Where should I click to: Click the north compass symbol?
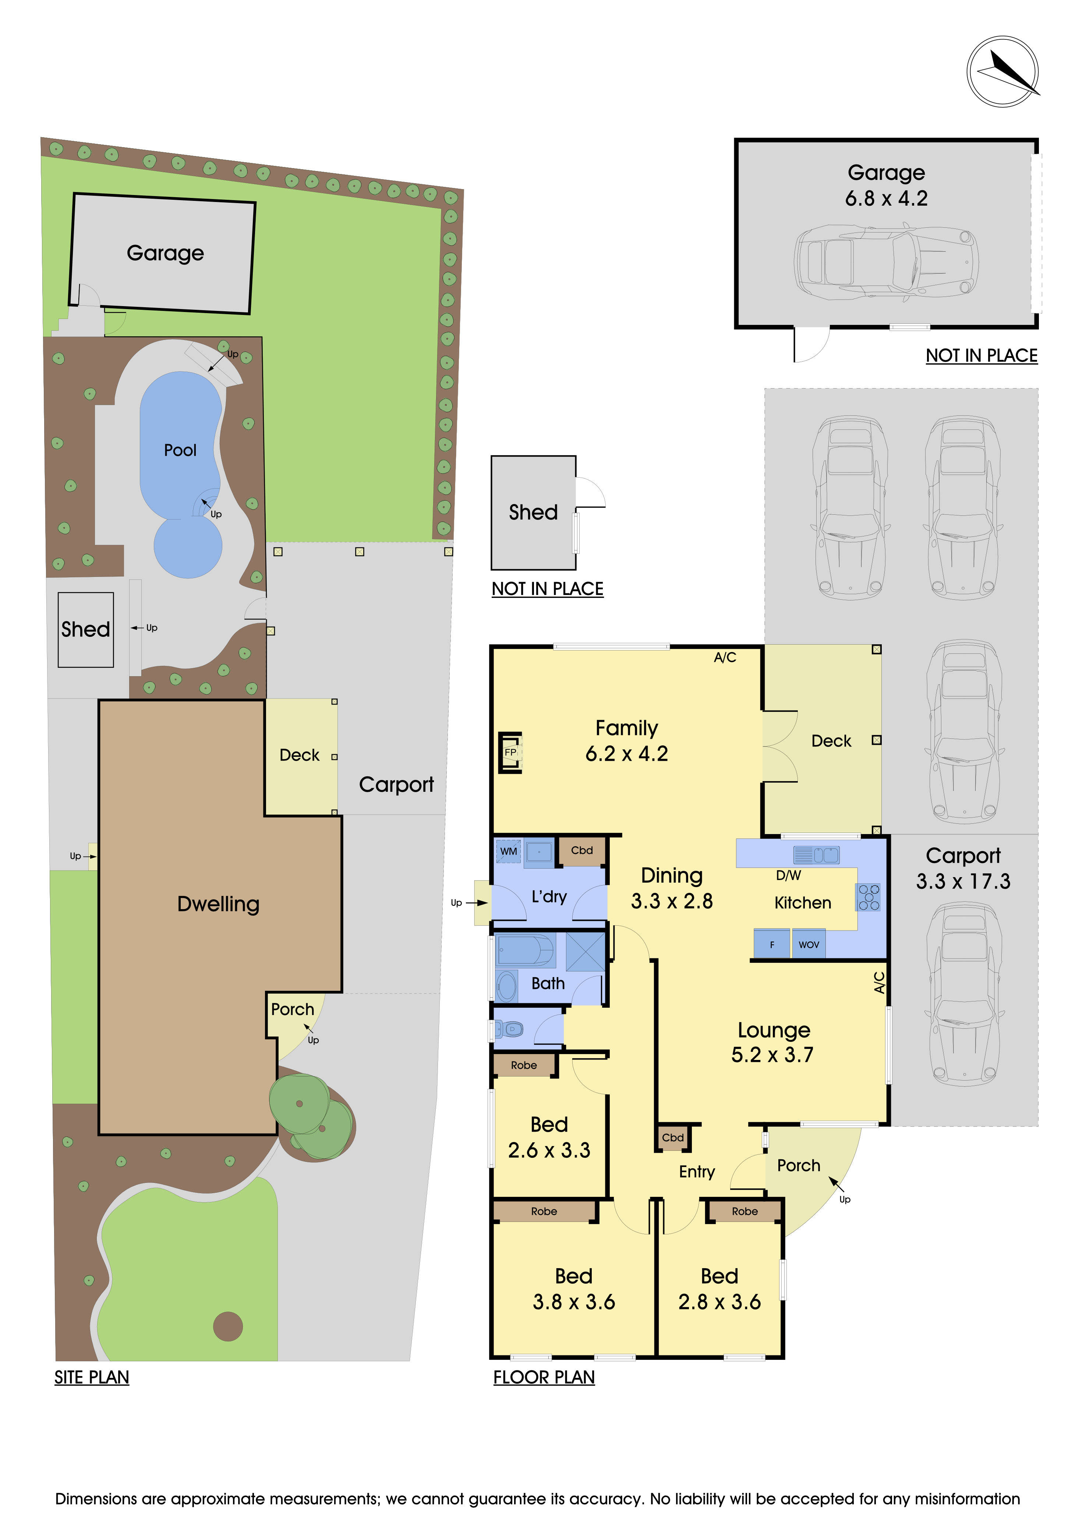1002,71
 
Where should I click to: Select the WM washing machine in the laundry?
508,851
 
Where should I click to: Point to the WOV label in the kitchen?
809,944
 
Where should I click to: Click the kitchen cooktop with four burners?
869,897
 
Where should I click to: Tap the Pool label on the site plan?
180,450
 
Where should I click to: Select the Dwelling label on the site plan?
218,904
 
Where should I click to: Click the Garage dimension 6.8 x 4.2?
886,199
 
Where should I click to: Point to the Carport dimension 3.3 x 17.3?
963,882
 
